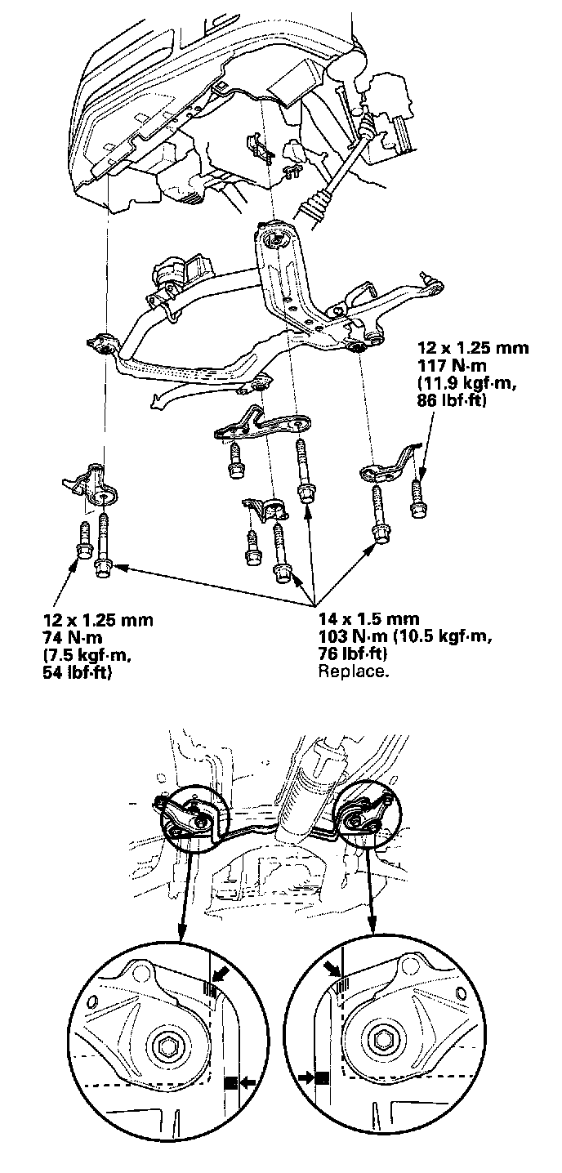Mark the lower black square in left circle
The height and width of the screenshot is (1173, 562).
pyautogui.click(x=230, y=1082)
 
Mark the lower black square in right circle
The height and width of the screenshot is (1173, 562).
pyautogui.click(x=323, y=1077)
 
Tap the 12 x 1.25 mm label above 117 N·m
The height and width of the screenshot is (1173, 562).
pyautogui.click(x=470, y=348)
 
